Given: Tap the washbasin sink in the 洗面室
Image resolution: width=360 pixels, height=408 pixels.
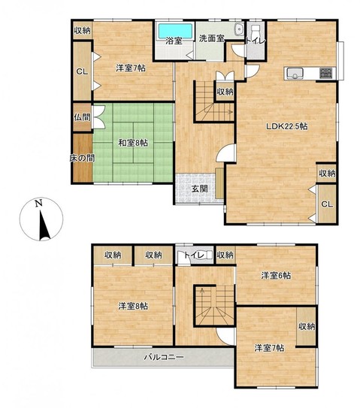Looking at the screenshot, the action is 239,29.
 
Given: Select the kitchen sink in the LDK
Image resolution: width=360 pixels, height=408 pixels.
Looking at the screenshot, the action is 295,74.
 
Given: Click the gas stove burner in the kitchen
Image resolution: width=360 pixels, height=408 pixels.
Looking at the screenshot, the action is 325,73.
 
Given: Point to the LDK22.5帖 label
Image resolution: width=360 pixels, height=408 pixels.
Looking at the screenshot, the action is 286,127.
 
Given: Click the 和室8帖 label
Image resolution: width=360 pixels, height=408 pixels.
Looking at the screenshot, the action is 133,143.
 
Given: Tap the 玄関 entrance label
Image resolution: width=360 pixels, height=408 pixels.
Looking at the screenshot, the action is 200,189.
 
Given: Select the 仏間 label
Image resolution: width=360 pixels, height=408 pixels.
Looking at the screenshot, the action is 82,117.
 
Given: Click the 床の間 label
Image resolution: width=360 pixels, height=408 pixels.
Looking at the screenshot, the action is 82,158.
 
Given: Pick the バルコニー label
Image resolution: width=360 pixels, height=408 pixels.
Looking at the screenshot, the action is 164,357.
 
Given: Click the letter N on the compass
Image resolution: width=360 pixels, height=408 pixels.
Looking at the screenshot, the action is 39,203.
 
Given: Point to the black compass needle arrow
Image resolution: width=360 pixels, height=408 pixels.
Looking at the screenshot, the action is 44,225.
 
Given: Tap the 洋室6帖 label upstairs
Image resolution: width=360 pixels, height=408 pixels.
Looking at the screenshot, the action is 276,276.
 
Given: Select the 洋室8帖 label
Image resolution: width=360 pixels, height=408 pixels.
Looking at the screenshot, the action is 133,306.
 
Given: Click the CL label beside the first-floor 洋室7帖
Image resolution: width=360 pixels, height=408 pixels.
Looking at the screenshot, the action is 82,72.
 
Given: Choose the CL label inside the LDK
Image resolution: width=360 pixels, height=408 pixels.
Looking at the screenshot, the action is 327,204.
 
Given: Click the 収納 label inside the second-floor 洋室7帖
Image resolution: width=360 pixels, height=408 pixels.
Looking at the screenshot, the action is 307,326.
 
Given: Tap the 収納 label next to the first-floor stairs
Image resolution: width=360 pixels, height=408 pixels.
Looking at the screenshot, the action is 225,92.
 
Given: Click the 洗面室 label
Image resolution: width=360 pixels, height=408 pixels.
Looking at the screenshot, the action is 212,38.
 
